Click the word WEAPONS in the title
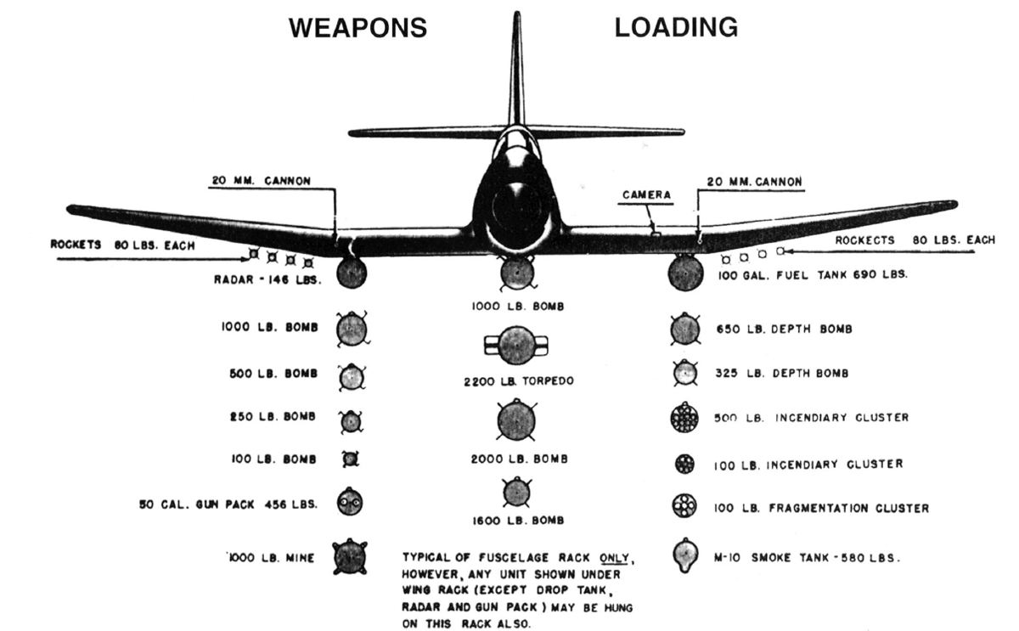tap(358, 28)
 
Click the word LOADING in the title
tap(676, 27)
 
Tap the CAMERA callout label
tap(646, 195)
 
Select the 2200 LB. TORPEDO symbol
tap(516, 346)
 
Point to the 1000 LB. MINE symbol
tap(350, 557)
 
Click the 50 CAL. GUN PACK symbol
tap(350, 501)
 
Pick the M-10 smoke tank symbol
tap(684, 555)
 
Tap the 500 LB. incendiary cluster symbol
tap(684, 417)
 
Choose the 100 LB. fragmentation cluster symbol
tap(684, 505)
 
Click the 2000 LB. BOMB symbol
tap(516, 420)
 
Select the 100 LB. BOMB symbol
tap(350, 459)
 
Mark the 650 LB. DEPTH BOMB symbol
tap(685, 330)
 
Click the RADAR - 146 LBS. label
tap(267, 279)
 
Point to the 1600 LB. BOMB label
tap(518, 521)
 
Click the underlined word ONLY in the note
tap(614, 558)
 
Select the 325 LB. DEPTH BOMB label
tap(782, 374)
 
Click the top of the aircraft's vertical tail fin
tap(517, 13)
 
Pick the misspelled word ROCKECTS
tap(864, 240)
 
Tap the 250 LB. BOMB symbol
tap(351, 422)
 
